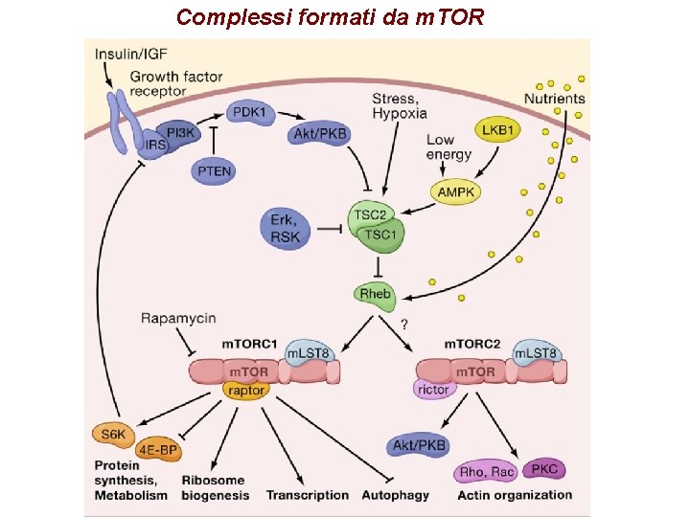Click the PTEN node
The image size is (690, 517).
215,169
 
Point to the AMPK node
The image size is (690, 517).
456,191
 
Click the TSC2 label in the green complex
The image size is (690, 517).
371,216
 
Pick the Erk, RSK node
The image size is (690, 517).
285,229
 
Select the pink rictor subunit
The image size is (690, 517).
433,389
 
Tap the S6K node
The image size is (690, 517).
112,434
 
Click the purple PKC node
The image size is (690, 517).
543,469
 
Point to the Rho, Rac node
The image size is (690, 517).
487,472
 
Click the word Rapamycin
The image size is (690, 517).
178,318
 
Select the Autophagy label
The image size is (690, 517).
395,495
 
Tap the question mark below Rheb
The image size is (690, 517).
403,326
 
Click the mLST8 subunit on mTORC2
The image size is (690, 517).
538,353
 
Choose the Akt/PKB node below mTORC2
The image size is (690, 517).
419,445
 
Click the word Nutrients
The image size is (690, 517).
554,99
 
